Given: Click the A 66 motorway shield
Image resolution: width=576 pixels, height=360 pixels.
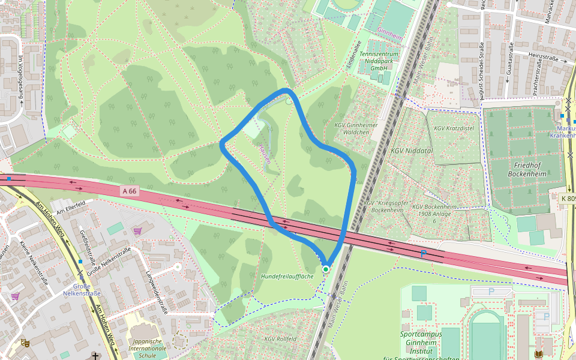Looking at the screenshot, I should tap(129, 191).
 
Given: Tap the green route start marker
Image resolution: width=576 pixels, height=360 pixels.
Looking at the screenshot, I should tap(326, 269).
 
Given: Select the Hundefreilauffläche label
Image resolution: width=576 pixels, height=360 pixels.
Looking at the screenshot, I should tap(287, 276).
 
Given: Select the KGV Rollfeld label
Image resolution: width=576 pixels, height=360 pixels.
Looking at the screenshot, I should tap(281, 338).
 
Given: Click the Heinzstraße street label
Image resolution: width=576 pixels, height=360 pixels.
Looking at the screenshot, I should tap(543, 59).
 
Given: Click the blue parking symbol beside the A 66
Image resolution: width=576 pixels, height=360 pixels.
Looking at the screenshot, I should tap(423, 254).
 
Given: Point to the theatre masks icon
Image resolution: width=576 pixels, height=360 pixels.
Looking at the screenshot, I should tap(25, 343).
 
